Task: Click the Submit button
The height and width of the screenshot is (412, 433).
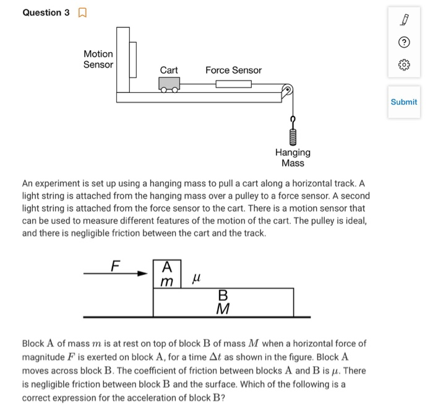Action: (x=404, y=102)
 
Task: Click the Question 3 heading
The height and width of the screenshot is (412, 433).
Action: (x=46, y=13)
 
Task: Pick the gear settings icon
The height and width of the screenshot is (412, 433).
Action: (x=404, y=64)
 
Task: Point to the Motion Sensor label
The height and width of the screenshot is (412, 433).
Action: (x=98, y=59)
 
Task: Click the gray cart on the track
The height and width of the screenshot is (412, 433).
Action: (x=169, y=84)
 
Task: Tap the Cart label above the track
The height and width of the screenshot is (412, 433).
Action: (x=169, y=71)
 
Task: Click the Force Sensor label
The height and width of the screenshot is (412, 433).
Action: (x=233, y=71)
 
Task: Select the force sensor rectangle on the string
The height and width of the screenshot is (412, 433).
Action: (x=233, y=84)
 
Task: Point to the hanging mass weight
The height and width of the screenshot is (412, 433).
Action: (x=293, y=134)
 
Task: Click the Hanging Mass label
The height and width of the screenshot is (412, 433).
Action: (x=293, y=157)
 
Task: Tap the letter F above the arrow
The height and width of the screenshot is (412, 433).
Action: (x=114, y=266)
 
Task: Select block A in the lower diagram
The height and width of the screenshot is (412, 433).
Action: (x=167, y=274)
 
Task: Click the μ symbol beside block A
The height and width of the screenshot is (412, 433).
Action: (x=197, y=280)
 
